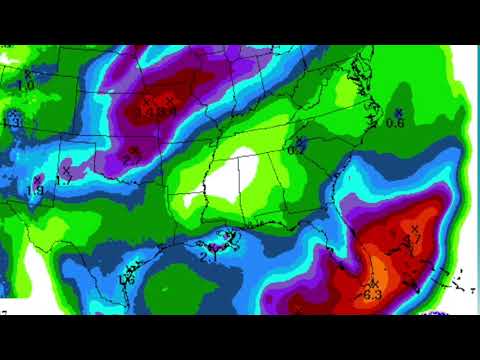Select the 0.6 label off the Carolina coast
tap(395, 123)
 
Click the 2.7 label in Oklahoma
tap(132, 158)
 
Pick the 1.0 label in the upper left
tap(25, 87)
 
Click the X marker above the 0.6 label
tap(398, 112)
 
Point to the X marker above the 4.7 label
tap(414, 229)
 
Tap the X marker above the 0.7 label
tap(298, 140)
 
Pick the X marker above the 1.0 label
tap(29, 74)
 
